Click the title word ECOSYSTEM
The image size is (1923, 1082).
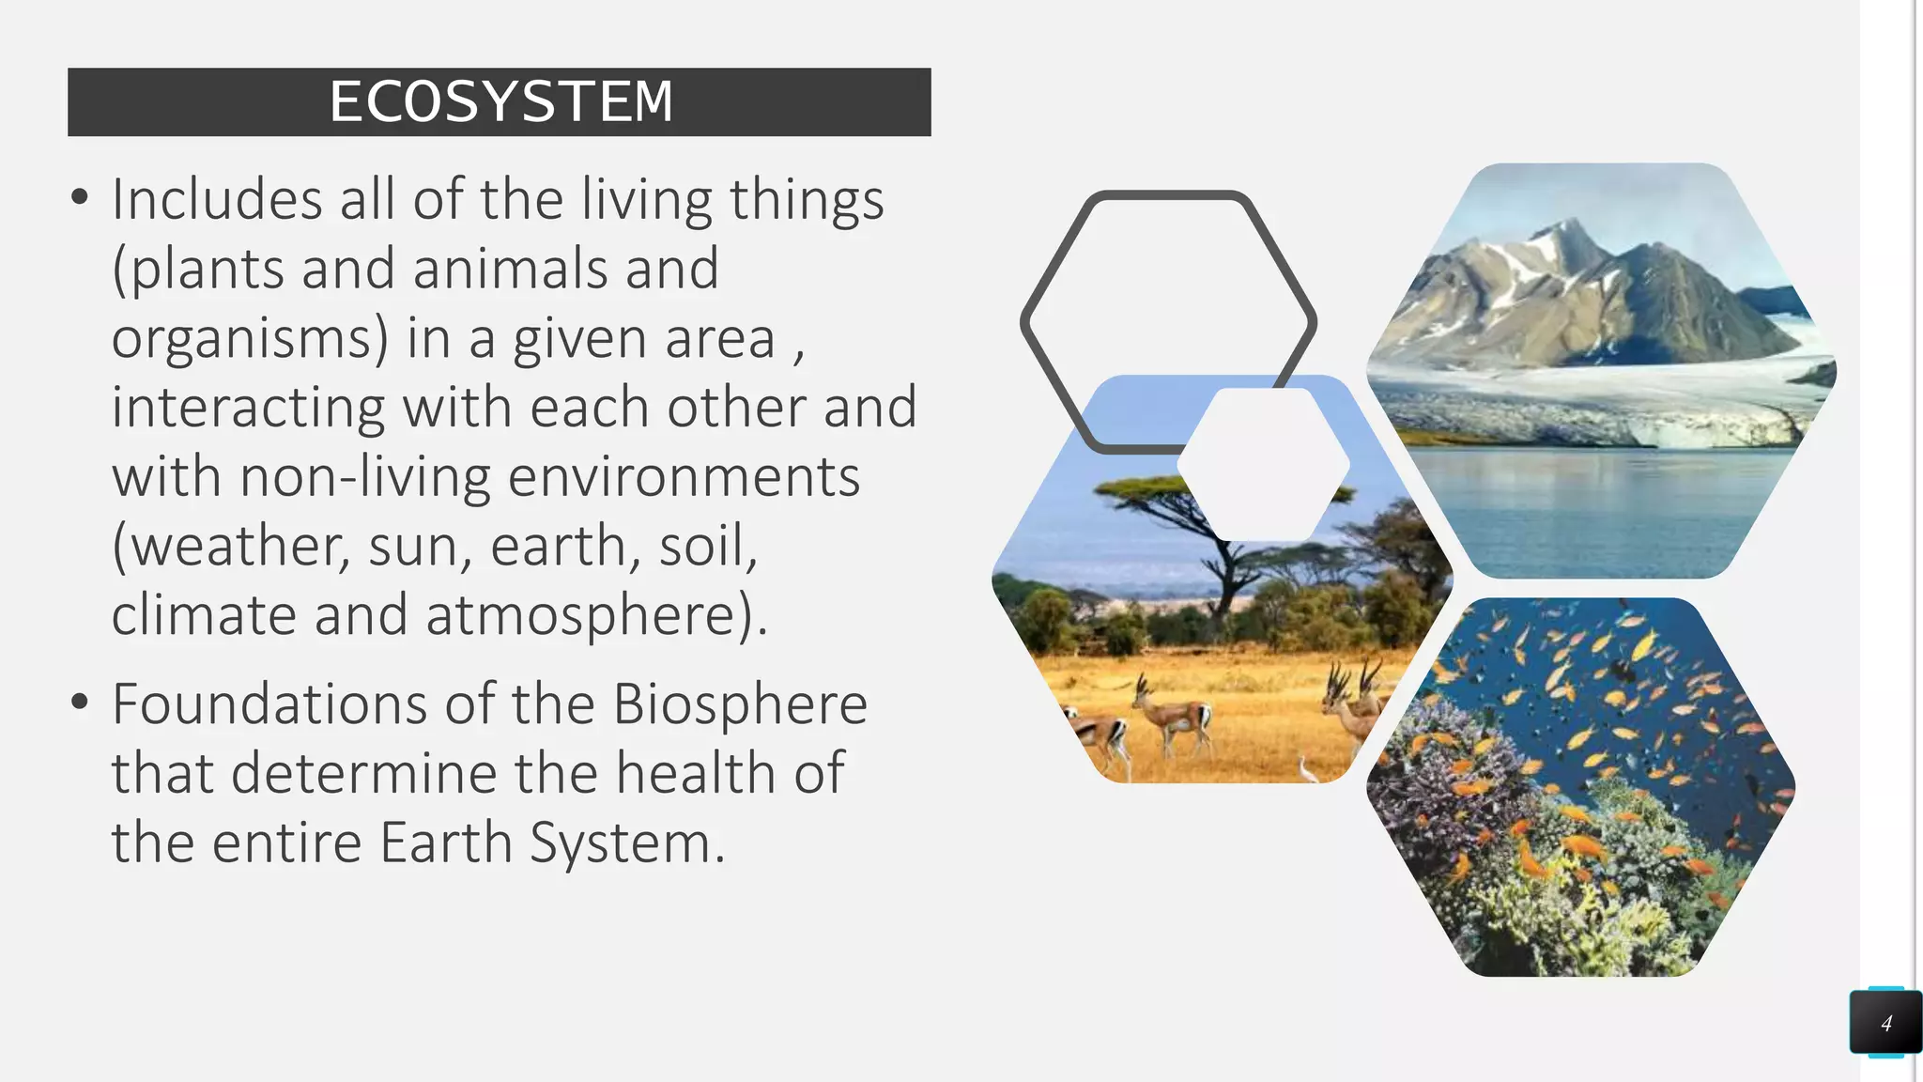pos(501,101)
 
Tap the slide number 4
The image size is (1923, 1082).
pos(1885,1023)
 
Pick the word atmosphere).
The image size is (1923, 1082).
pos(597,615)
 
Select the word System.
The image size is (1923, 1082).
pos(627,842)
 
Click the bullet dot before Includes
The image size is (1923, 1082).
pos(80,197)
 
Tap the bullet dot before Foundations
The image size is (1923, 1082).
pos(80,702)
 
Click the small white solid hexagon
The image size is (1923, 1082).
pos(1263,464)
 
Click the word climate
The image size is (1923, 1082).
pos(204,615)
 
